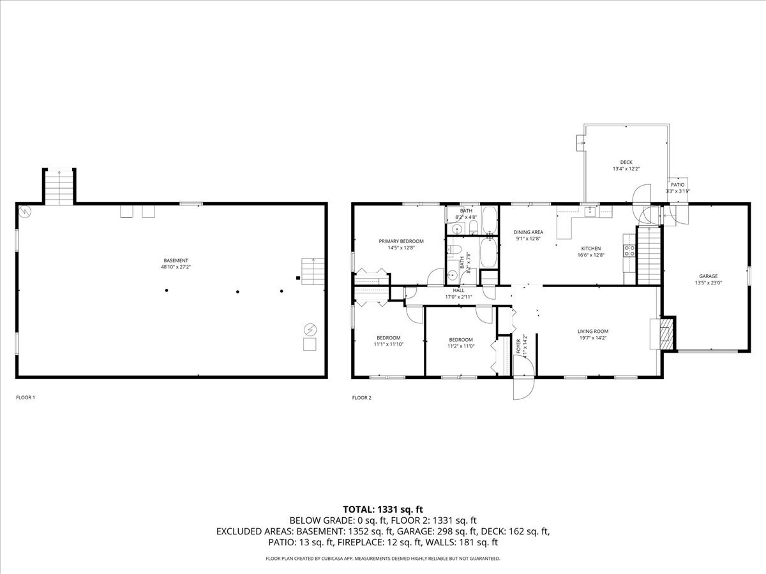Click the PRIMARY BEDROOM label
401,241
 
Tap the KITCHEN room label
590,248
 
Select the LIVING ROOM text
592,331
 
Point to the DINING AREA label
529,232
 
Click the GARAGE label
707,276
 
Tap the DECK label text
626,162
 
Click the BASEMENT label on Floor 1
176,260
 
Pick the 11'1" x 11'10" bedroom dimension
388,344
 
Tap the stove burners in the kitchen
629,249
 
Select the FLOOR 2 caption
361,398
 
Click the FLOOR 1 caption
26,398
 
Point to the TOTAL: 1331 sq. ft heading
383,509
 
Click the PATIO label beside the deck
677,184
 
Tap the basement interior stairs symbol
313,272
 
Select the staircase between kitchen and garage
648,254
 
